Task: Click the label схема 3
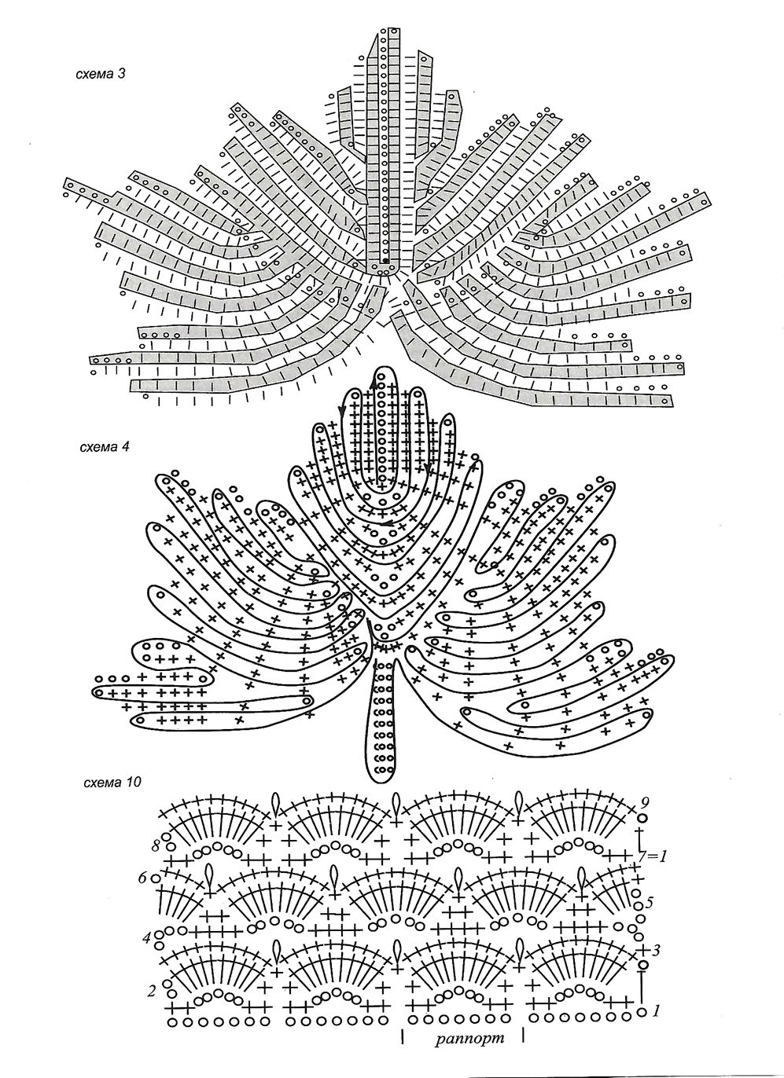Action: click(x=101, y=75)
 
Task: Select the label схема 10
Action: click(x=112, y=783)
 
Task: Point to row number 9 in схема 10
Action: click(x=646, y=802)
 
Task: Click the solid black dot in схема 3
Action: click(x=386, y=261)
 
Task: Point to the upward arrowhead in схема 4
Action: click(x=374, y=383)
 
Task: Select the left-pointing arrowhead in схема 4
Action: click(x=385, y=523)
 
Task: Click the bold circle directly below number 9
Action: click(x=642, y=818)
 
